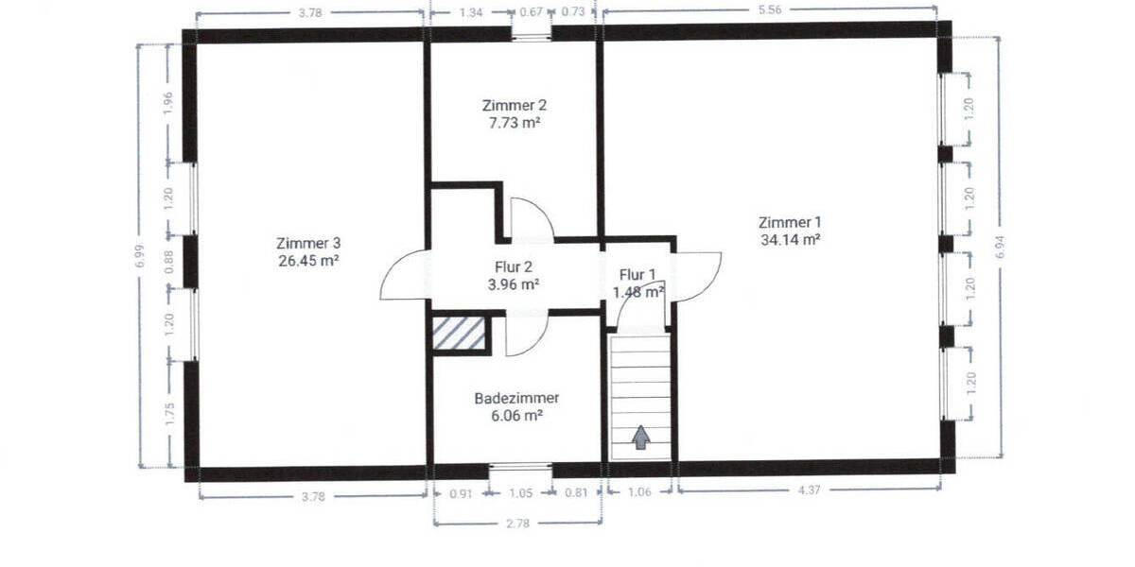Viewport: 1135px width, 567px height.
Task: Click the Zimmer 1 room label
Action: pyautogui.click(x=789, y=222)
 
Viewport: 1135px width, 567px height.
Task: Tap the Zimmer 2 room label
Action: pyautogui.click(x=514, y=105)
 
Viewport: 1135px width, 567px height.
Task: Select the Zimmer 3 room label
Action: pyautogui.click(x=308, y=241)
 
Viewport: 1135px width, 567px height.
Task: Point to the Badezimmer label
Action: pyautogui.click(x=515, y=398)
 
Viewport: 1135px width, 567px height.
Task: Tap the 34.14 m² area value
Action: pyautogui.click(x=789, y=239)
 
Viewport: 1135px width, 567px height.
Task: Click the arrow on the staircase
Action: pyautogui.click(x=641, y=437)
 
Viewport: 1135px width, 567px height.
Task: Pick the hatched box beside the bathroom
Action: pyautogui.click(x=460, y=333)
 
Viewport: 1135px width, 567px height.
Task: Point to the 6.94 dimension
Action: pyautogui.click(x=1001, y=248)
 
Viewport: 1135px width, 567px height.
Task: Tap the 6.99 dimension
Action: pyautogui.click(x=140, y=253)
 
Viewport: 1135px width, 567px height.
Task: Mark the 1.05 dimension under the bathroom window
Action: pyautogui.click(x=521, y=492)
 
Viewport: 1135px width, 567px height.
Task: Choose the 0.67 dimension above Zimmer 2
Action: pyautogui.click(x=531, y=12)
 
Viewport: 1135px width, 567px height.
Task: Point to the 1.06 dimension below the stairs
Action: pyautogui.click(x=639, y=491)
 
